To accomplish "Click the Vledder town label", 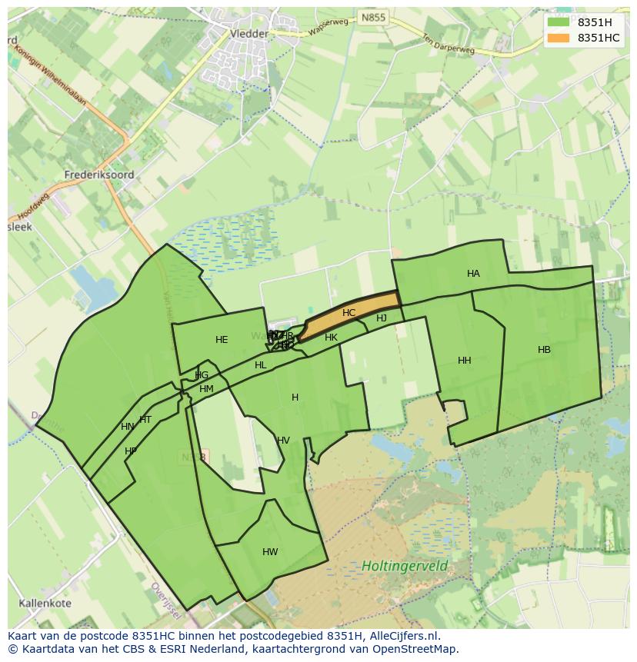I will click(x=248, y=34).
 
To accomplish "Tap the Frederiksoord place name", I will click(x=100, y=175).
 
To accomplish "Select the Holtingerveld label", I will click(x=405, y=566).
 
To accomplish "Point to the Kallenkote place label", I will click(x=45, y=603).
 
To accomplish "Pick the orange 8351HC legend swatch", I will click(x=559, y=38).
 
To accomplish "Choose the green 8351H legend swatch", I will click(x=559, y=22).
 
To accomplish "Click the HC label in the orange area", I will click(x=349, y=313).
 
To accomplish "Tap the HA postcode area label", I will click(x=473, y=274).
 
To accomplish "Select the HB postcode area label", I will click(x=544, y=350).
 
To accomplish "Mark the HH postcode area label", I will click(x=464, y=361).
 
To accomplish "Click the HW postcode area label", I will click(x=270, y=552).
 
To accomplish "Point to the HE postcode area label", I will click(x=222, y=340).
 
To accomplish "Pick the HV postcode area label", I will click(x=283, y=441).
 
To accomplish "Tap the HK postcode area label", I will click(x=331, y=338).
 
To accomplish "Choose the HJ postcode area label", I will click(x=382, y=318).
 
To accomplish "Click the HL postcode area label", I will click(x=260, y=365).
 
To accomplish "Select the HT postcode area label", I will click(x=145, y=420).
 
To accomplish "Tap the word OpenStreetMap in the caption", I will click(x=413, y=649).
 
